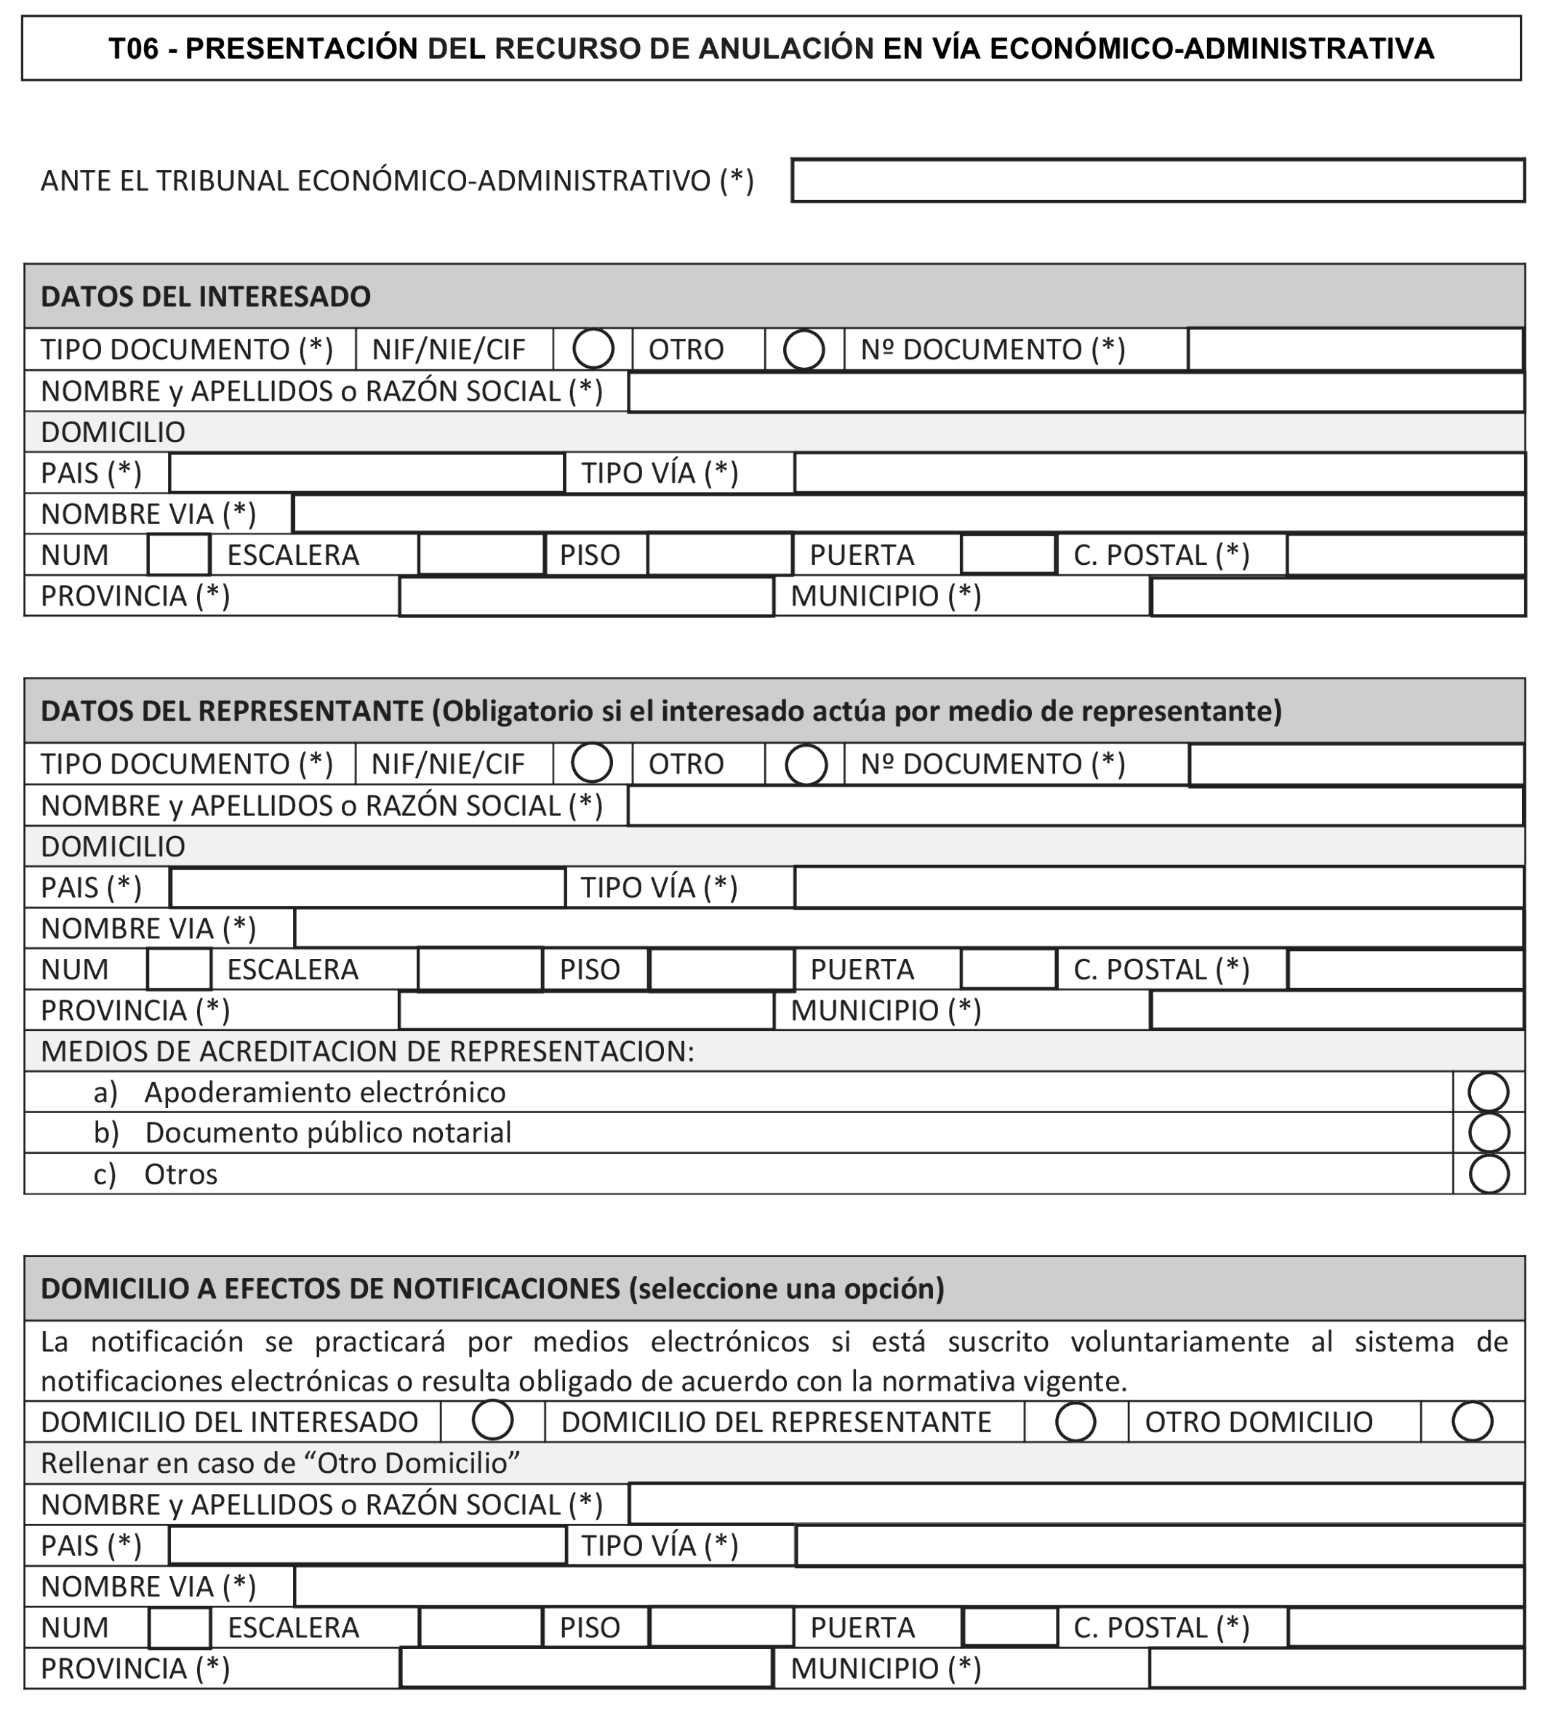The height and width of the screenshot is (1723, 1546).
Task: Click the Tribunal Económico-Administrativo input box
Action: click(1157, 180)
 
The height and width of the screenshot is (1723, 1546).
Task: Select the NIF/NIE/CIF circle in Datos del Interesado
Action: click(593, 348)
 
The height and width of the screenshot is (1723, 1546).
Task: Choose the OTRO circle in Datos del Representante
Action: click(805, 764)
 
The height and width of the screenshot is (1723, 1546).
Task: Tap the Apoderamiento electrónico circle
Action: click(1489, 1092)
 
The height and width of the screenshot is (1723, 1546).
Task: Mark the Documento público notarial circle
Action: click(1489, 1133)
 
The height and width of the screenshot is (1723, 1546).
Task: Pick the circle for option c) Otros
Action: click(1489, 1174)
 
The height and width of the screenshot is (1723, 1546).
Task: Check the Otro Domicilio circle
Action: click(1472, 1421)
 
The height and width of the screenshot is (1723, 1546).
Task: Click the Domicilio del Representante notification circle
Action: click(1076, 1421)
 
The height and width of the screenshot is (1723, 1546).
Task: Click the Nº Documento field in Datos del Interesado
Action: click(1355, 349)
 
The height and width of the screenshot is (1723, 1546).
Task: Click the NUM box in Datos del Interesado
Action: click(179, 555)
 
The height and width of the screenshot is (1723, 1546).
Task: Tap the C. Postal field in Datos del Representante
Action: click(1405, 970)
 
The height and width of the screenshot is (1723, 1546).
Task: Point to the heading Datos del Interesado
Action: click(206, 297)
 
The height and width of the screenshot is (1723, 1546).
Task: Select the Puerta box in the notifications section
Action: click(1009, 1627)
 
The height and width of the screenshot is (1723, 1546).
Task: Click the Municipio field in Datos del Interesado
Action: click(1338, 596)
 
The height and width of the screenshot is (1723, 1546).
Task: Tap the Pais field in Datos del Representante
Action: click(368, 888)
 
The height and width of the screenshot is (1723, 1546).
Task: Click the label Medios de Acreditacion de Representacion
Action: click(367, 1051)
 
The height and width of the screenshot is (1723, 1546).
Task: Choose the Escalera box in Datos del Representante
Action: click(480, 970)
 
